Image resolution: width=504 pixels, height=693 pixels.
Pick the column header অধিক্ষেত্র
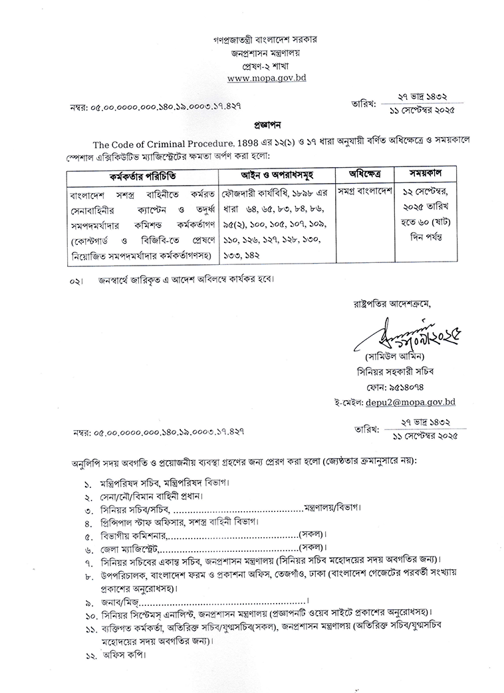click(x=360, y=174)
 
